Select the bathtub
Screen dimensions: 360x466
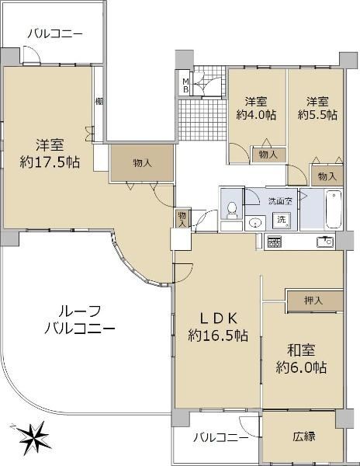(334, 210)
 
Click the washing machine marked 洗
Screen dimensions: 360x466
(281, 221)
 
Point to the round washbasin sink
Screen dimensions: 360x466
(255, 223)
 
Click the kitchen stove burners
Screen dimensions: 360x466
(274, 242)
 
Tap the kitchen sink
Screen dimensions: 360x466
(325, 242)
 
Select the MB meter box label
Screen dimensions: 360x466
(185, 85)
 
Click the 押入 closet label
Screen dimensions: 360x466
(313, 301)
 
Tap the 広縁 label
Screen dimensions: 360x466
(304, 436)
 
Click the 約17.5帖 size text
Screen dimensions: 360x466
(50, 162)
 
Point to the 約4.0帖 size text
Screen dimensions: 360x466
(256, 115)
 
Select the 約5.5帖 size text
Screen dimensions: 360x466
(317, 115)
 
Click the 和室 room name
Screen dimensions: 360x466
(301, 350)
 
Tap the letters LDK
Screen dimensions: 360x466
(218, 319)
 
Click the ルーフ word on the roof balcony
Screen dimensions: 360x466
(80, 311)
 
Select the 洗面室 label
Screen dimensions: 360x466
(280, 201)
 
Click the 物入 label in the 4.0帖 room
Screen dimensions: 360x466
(268, 155)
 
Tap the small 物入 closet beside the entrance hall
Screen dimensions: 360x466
(182, 219)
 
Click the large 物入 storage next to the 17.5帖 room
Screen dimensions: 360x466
(143, 163)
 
